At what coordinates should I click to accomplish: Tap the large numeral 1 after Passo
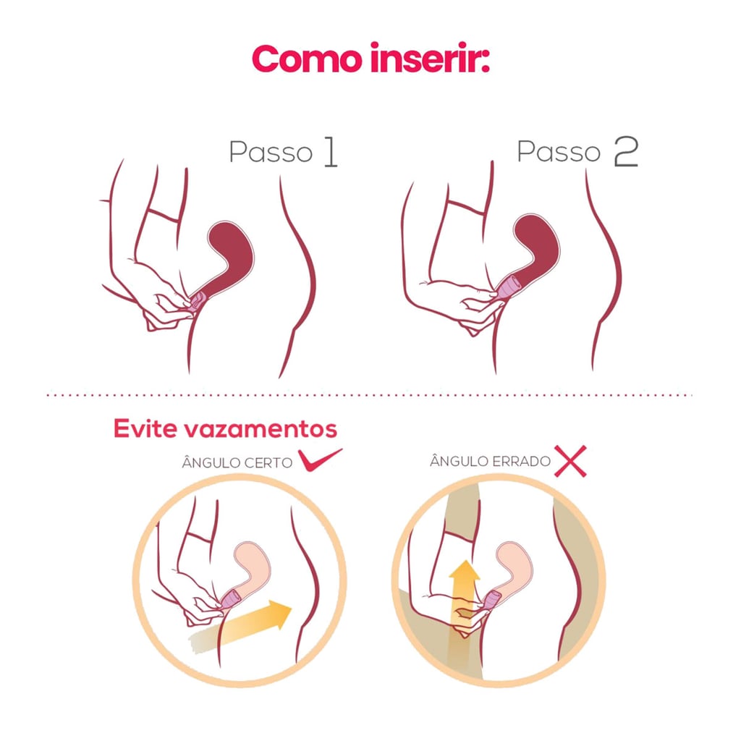329,153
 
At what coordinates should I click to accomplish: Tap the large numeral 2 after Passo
625,153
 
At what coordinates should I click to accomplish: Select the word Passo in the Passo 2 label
559,153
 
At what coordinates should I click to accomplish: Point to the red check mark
319,461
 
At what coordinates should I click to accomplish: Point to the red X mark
569,461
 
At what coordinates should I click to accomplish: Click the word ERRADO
520,461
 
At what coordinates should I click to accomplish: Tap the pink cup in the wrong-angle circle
492,598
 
